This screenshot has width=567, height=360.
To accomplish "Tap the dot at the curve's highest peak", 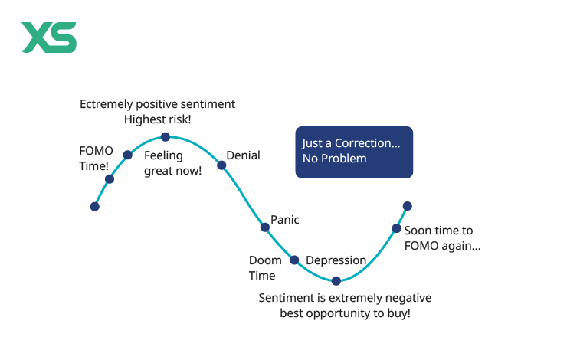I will click(165, 137).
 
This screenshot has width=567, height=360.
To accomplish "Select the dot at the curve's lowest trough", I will click(336, 280).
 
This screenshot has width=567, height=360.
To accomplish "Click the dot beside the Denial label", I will click(221, 165).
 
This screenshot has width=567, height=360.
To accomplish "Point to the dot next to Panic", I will click(265, 227).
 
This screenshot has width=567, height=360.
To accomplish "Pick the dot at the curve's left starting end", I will click(95, 206).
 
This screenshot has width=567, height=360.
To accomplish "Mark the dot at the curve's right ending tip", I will click(407, 206).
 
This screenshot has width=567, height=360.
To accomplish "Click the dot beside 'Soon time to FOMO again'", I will click(396, 227).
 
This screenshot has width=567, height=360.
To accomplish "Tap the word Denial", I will click(243, 155).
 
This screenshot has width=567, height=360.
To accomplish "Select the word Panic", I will click(286, 220).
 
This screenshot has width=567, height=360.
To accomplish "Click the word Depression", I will click(336, 260).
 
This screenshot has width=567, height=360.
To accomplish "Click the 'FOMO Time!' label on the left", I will click(94, 158).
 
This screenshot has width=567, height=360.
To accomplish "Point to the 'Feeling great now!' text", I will click(172, 162).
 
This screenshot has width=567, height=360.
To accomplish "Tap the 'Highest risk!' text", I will click(157, 119).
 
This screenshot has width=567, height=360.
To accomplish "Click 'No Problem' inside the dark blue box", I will click(334, 159).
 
